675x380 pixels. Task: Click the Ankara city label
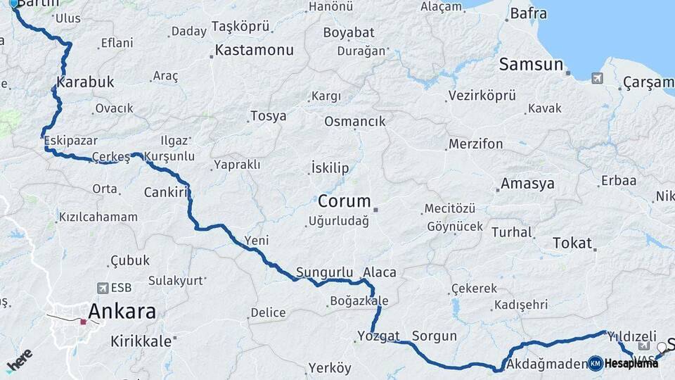pyautogui.click(x=122, y=311)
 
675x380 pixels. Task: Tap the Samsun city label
pyautogui.click(x=531, y=65)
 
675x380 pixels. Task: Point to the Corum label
pyautogui.click(x=344, y=201)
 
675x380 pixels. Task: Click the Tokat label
pyautogui.click(x=572, y=243)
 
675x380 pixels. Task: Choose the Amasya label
pyautogui.click(x=527, y=184)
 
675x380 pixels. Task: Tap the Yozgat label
pyautogui.click(x=378, y=336)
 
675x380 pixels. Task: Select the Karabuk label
pyautogui.click(x=85, y=82)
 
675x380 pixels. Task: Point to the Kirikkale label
pyautogui.click(x=141, y=341)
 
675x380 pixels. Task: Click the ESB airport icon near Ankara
pyautogui.click(x=103, y=288)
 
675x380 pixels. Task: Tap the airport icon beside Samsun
pyautogui.click(x=597, y=78)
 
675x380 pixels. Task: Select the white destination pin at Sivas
pyautogui.click(x=662, y=348)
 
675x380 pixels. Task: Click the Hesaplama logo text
pyautogui.click(x=631, y=363)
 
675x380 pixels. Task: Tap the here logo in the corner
pyautogui.click(x=19, y=360)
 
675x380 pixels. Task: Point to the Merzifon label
pyautogui.click(x=476, y=144)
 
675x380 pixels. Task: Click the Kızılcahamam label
pyautogui.click(x=98, y=217)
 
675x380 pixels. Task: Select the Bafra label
pyautogui.click(x=528, y=13)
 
